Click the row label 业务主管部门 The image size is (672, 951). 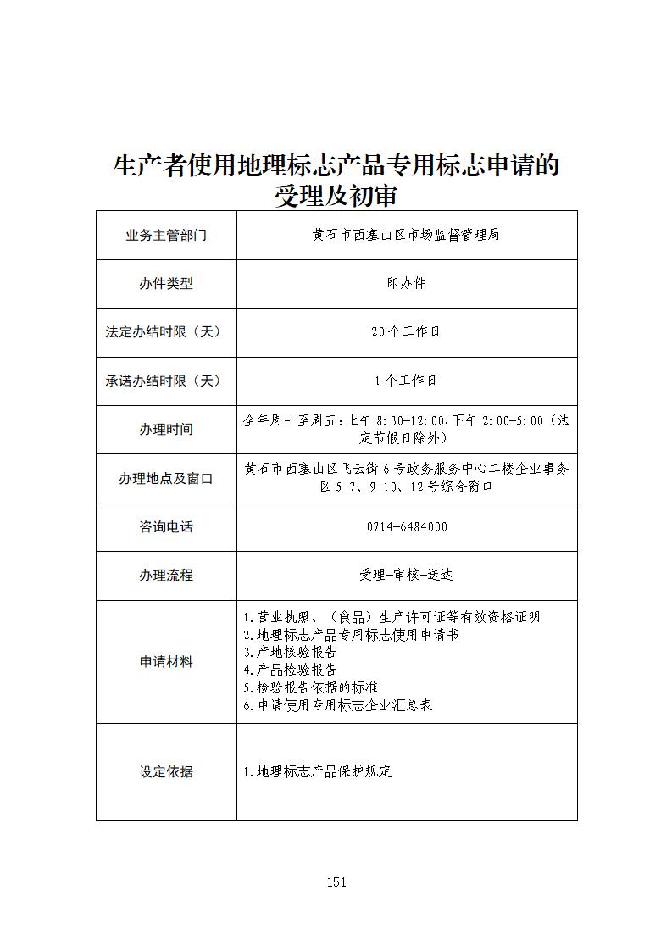click(x=166, y=235)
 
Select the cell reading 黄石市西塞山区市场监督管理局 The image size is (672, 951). click(x=406, y=235)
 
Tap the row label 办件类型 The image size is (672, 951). click(x=166, y=284)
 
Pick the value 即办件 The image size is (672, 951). click(x=406, y=283)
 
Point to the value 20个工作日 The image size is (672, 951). click(x=406, y=332)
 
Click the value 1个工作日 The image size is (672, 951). click(x=406, y=381)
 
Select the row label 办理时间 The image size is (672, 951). click(x=166, y=430)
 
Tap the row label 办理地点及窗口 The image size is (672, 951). click(x=166, y=479)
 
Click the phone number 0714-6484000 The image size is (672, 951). click(x=407, y=527)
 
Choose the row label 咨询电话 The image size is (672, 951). click(x=166, y=527)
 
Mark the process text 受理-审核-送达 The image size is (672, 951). click(x=406, y=576)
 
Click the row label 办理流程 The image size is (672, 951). click(x=166, y=576)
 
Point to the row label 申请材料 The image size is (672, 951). click(x=166, y=662)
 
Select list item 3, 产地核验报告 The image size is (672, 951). click(x=290, y=653)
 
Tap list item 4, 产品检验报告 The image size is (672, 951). click(x=290, y=670)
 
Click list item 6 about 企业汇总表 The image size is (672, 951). click(x=338, y=705)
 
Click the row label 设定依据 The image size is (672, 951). click(x=166, y=772)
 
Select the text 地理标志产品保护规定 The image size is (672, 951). click(x=318, y=772)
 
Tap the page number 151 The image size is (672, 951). click(x=336, y=882)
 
